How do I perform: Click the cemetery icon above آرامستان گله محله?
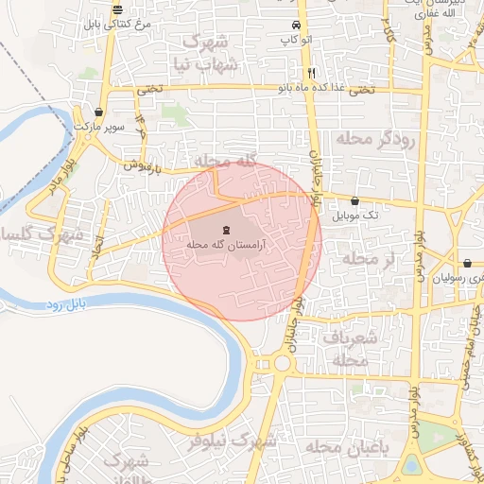click(x=225, y=229)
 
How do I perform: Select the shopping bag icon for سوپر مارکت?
click(x=99, y=112)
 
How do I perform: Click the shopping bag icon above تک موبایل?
click(x=354, y=200)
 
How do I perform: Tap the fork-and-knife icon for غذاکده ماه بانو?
click(x=310, y=73)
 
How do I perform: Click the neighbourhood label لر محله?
click(x=359, y=258)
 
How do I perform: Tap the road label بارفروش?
click(x=145, y=165)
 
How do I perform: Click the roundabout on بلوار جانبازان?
click(x=282, y=363)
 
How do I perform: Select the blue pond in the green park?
click(x=411, y=464)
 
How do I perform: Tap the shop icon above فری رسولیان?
click(x=468, y=263)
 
